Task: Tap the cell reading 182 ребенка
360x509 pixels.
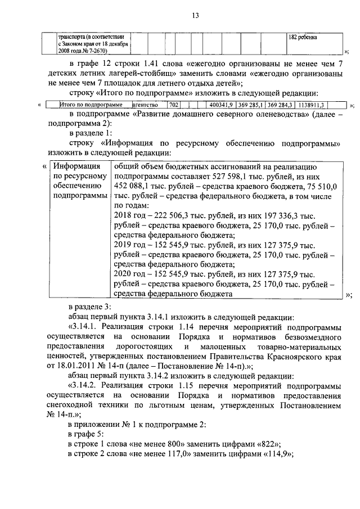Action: [x=302, y=37]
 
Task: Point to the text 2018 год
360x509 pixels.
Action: [x=129, y=216]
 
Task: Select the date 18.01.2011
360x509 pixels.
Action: [x=87, y=366]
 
